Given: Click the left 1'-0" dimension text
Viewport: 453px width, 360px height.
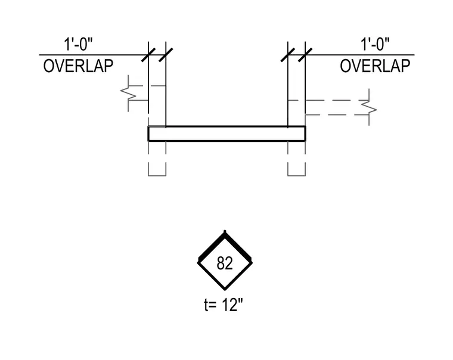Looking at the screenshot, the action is coord(78,44).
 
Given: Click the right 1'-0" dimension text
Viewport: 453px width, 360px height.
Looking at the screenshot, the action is coord(375,44).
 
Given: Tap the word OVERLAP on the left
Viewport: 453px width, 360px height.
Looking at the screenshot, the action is coord(78,66).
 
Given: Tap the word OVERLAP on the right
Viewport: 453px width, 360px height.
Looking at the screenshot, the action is coord(375,66).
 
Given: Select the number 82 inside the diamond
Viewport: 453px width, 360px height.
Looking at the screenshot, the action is coord(225,263).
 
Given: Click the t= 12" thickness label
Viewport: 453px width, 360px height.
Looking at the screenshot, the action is coord(224,305).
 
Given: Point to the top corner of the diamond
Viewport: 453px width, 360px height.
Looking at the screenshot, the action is coord(225,231).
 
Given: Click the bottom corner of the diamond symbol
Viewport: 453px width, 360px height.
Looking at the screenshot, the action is coord(225,289).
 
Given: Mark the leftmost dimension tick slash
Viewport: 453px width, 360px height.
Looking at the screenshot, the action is coord(148,55).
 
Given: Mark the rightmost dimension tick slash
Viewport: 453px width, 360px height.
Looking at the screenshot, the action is coord(305,55).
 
